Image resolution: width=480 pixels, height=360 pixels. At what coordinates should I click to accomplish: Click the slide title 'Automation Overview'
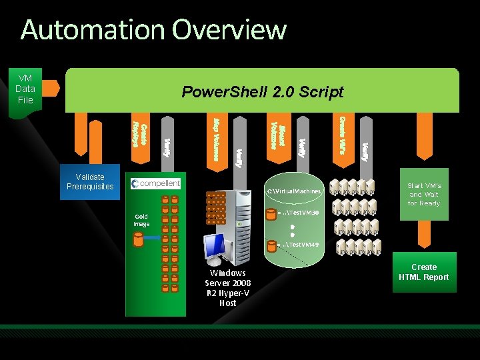[153, 30]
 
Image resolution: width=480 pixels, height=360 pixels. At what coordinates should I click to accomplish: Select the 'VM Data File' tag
[25, 89]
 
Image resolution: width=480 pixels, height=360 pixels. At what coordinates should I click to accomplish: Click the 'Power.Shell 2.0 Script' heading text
[263, 92]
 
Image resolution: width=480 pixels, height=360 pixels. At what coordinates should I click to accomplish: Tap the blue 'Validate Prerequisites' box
[90, 181]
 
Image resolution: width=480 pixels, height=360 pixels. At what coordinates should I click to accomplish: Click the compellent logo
[156, 183]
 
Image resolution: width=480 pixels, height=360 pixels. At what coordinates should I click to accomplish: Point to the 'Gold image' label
[141, 220]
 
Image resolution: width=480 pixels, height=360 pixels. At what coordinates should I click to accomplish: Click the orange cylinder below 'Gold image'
[138, 239]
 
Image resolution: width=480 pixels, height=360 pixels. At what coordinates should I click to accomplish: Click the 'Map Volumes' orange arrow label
[217, 139]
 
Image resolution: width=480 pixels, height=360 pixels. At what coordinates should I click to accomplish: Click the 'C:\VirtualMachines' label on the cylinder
[294, 191]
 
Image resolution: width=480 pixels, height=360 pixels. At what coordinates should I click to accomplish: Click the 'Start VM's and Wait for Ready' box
[424, 194]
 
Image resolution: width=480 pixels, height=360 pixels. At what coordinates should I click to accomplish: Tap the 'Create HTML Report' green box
[424, 272]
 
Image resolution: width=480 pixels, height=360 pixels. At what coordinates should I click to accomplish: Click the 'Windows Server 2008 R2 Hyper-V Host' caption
[228, 287]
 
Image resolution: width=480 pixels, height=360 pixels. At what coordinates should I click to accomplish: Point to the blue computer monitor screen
[215, 247]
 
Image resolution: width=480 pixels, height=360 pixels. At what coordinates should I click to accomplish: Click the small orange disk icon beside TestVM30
[271, 215]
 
